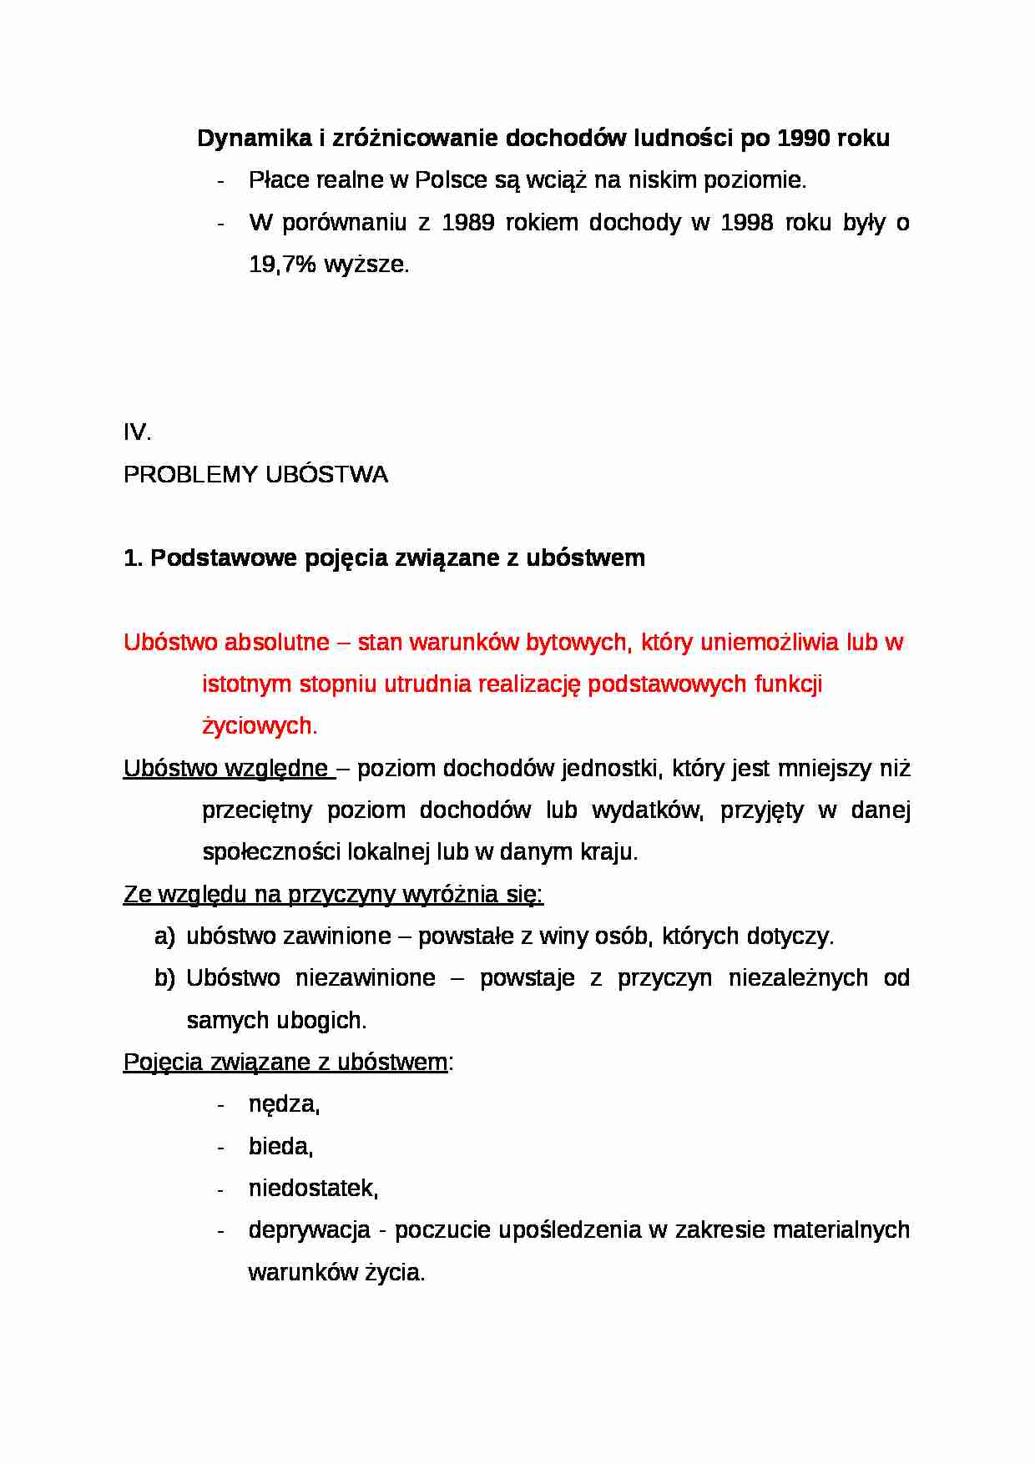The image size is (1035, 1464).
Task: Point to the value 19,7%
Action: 282,265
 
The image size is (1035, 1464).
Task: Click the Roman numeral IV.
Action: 136,432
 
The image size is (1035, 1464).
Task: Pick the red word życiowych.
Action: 259,726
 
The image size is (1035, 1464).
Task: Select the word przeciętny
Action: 257,810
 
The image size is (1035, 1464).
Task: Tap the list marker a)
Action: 164,936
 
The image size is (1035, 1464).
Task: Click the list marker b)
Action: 164,978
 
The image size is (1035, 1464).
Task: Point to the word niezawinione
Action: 365,978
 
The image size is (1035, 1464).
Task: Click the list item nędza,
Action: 284,1105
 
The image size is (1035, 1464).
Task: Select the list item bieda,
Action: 280,1147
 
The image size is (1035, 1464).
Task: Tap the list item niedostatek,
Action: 313,1189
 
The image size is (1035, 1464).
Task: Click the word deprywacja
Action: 309,1230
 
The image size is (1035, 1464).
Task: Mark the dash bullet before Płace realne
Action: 220,181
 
